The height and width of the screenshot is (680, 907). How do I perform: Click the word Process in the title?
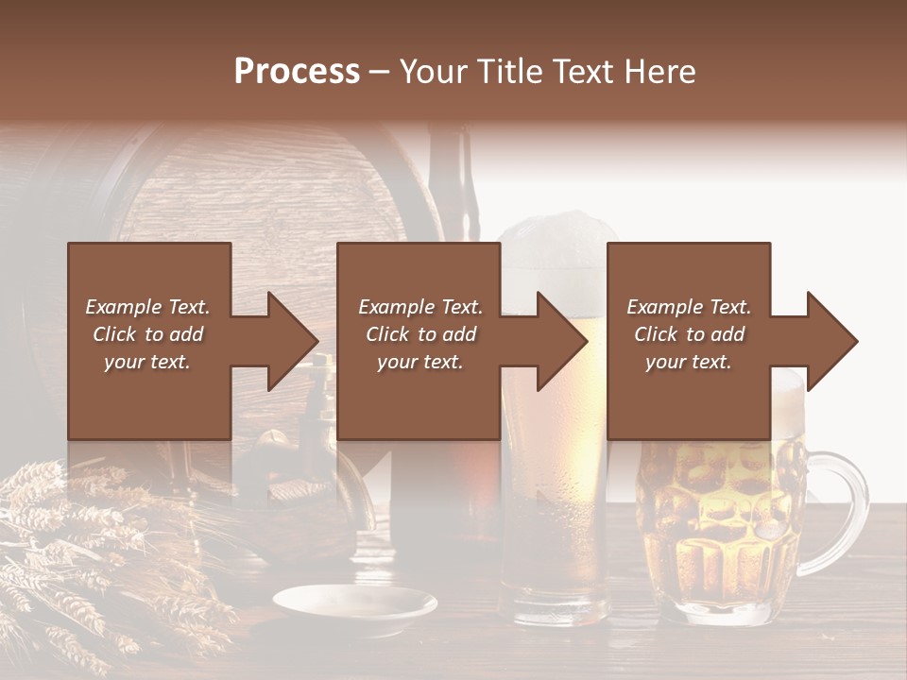point(297,72)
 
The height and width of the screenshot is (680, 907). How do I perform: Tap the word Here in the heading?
point(660,72)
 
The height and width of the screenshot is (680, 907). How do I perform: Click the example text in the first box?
point(147,334)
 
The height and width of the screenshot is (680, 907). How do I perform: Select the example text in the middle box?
point(419,334)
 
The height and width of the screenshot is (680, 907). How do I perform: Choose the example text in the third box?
point(688,334)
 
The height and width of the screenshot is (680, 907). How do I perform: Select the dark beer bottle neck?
point(451,179)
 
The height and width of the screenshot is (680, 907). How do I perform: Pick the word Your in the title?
point(434,72)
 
